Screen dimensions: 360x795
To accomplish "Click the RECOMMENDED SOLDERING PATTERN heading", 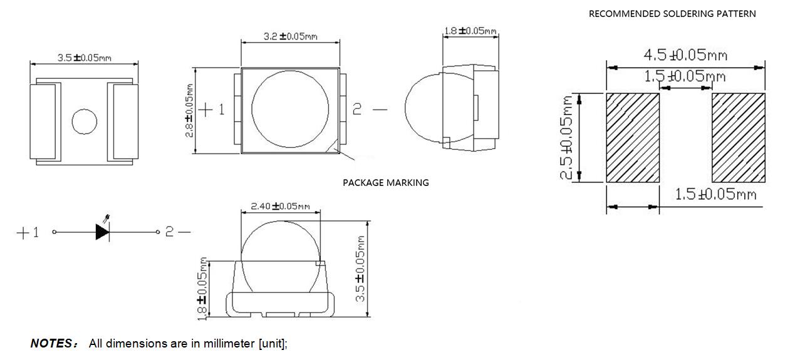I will (x=672, y=14).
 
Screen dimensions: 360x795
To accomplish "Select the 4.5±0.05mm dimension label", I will (x=685, y=55).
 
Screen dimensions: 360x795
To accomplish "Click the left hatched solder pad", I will (x=633, y=138).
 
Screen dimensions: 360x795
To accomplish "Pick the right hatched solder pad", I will (x=738, y=138).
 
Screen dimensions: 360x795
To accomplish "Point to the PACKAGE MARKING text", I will (x=385, y=183).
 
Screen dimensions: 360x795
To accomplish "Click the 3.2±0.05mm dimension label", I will (x=290, y=36).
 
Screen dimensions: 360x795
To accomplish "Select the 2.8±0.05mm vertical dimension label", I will (x=189, y=110).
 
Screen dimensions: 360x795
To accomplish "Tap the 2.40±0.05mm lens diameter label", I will (x=280, y=206).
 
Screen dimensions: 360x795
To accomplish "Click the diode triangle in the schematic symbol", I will (x=102, y=232).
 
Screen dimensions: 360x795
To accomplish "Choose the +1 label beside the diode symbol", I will (x=27, y=233).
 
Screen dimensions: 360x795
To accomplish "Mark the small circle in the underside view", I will (x=84, y=121).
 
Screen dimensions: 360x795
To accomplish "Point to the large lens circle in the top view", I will (x=291, y=110).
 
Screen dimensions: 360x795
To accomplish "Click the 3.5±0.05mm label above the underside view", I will (x=85, y=58).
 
